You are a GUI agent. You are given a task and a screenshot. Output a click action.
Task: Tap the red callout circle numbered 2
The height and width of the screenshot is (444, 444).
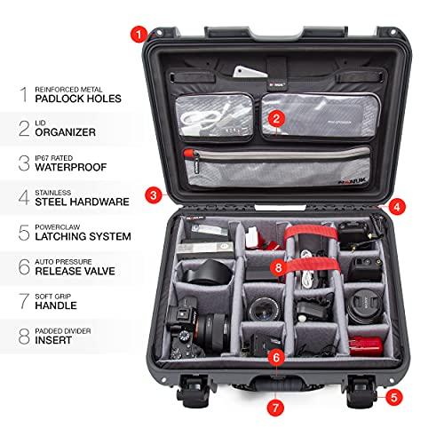277,117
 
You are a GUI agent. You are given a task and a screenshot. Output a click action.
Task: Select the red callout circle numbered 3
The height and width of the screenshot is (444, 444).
155,194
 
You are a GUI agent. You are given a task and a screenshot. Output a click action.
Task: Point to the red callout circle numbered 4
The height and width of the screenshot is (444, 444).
396,205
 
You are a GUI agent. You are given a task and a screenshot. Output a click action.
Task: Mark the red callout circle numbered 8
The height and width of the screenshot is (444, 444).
278,266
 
